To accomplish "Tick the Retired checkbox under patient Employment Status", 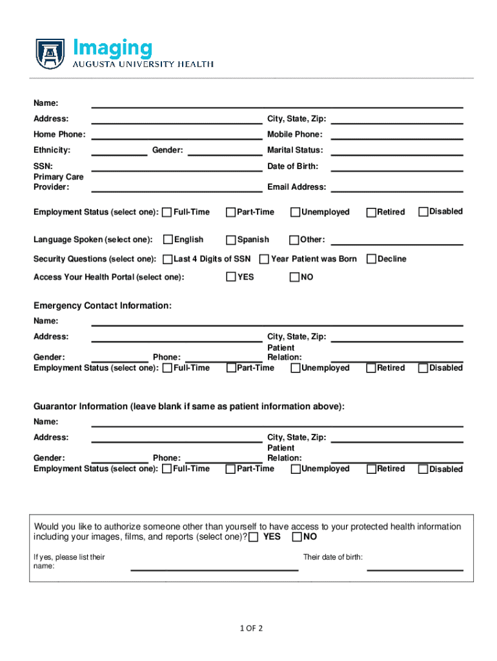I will (x=371, y=212).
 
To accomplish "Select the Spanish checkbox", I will (x=231, y=240).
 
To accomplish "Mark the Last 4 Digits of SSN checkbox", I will (x=168, y=259).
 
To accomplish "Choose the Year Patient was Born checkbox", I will (x=264, y=259).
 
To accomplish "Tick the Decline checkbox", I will (x=371, y=259).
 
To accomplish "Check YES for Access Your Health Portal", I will (x=231, y=278).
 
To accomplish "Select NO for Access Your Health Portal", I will (x=295, y=278).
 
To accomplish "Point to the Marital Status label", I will (x=295, y=150).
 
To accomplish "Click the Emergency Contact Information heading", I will (x=103, y=306).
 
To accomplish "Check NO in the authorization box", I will (x=297, y=537).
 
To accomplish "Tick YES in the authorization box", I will (x=254, y=537).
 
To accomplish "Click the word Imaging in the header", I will (x=114, y=48).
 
